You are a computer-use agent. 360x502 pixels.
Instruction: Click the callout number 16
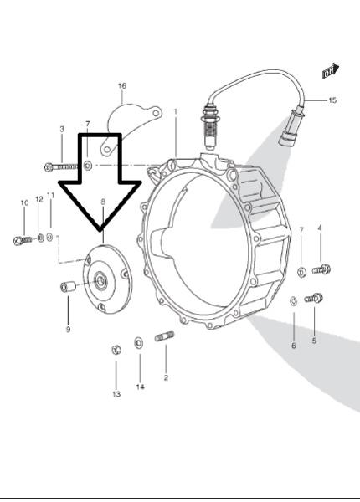(122, 86)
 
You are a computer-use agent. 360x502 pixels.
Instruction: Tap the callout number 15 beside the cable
(332, 100)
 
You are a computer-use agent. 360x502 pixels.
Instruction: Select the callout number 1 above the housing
(175, 112)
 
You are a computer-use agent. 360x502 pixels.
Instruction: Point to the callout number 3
(62, 129)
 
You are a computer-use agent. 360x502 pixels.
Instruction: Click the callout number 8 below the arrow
(103, 202)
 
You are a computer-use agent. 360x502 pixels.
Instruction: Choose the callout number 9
(68, 329)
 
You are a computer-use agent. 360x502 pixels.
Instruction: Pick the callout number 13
(116, 394)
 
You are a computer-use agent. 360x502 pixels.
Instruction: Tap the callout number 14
(141, 387)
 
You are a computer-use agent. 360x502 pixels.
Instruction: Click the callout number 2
(166, 378)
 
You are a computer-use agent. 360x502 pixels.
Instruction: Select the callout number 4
(320, 228)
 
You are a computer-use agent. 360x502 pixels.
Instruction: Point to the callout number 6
(293, 346)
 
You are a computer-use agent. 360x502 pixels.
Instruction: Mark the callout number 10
(24, 202)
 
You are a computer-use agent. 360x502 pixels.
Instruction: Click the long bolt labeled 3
(61, 166)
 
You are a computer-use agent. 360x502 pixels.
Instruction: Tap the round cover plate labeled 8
(108, 279)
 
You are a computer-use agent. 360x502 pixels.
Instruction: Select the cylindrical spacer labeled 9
(68, 286)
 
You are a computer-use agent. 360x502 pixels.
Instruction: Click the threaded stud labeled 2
(165, 336)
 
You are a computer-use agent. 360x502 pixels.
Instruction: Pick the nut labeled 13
(116, 350)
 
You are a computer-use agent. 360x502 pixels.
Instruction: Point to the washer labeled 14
(139, 343)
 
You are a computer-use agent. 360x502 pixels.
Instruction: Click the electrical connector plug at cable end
(292, 130)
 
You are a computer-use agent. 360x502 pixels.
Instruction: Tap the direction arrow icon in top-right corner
(331, 71)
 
